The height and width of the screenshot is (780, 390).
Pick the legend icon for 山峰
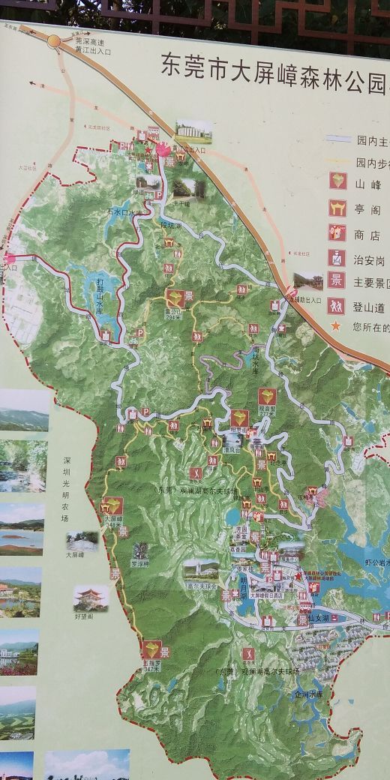(x=338, y=181)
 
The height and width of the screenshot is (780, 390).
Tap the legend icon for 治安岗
(x=338, y=258)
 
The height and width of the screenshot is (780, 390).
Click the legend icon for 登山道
(x=338, y=305)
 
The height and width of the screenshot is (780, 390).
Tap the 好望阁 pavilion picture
(x=91, y=598)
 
